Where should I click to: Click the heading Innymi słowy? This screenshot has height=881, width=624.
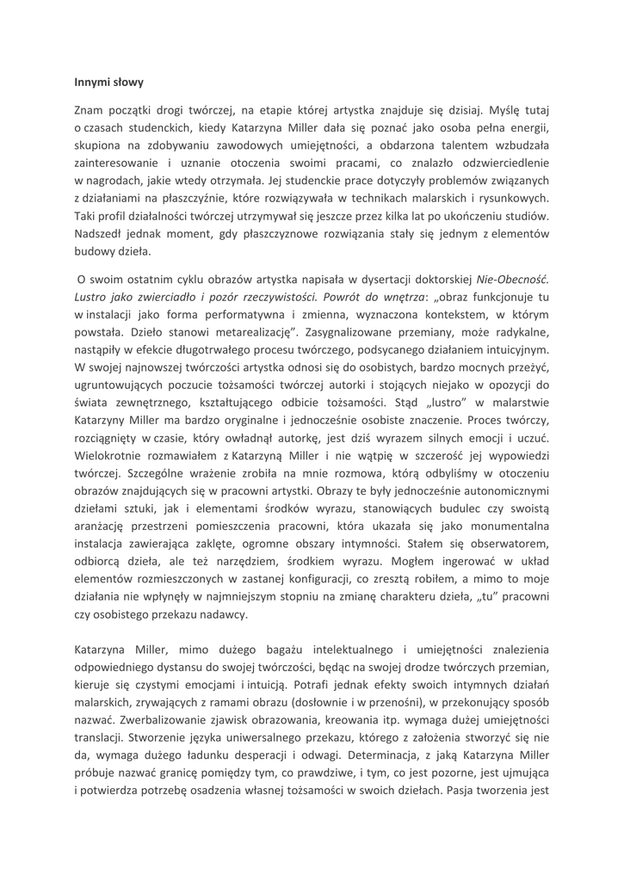[108, 83]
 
